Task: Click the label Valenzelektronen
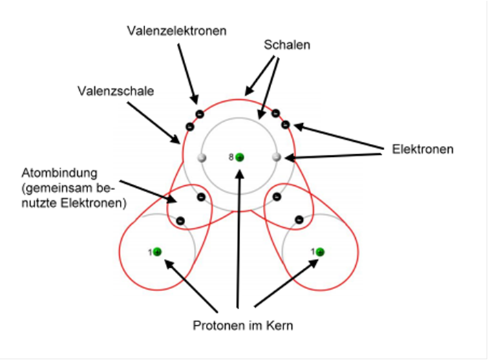click(176, 31)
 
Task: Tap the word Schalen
click(287, 45)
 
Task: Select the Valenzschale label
click(116, 91)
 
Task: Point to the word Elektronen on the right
click(423, 149)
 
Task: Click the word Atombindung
click(59, 173)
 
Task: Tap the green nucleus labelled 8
click(240, 157)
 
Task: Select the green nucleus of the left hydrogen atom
click(158, 252)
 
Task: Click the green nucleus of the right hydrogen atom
click(320, 252)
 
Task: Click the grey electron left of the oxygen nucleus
click(202, 158)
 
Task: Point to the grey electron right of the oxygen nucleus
click(277, 157)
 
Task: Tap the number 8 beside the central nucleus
click(231, 157)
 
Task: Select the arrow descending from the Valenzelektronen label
click(188, 74)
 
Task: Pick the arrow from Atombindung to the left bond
click(149, 191)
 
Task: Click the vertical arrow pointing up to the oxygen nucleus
click(239, 238)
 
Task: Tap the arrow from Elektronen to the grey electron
click(333, 156)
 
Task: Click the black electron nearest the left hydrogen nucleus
click(180, 221)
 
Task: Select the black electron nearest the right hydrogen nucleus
click(299, 220)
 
